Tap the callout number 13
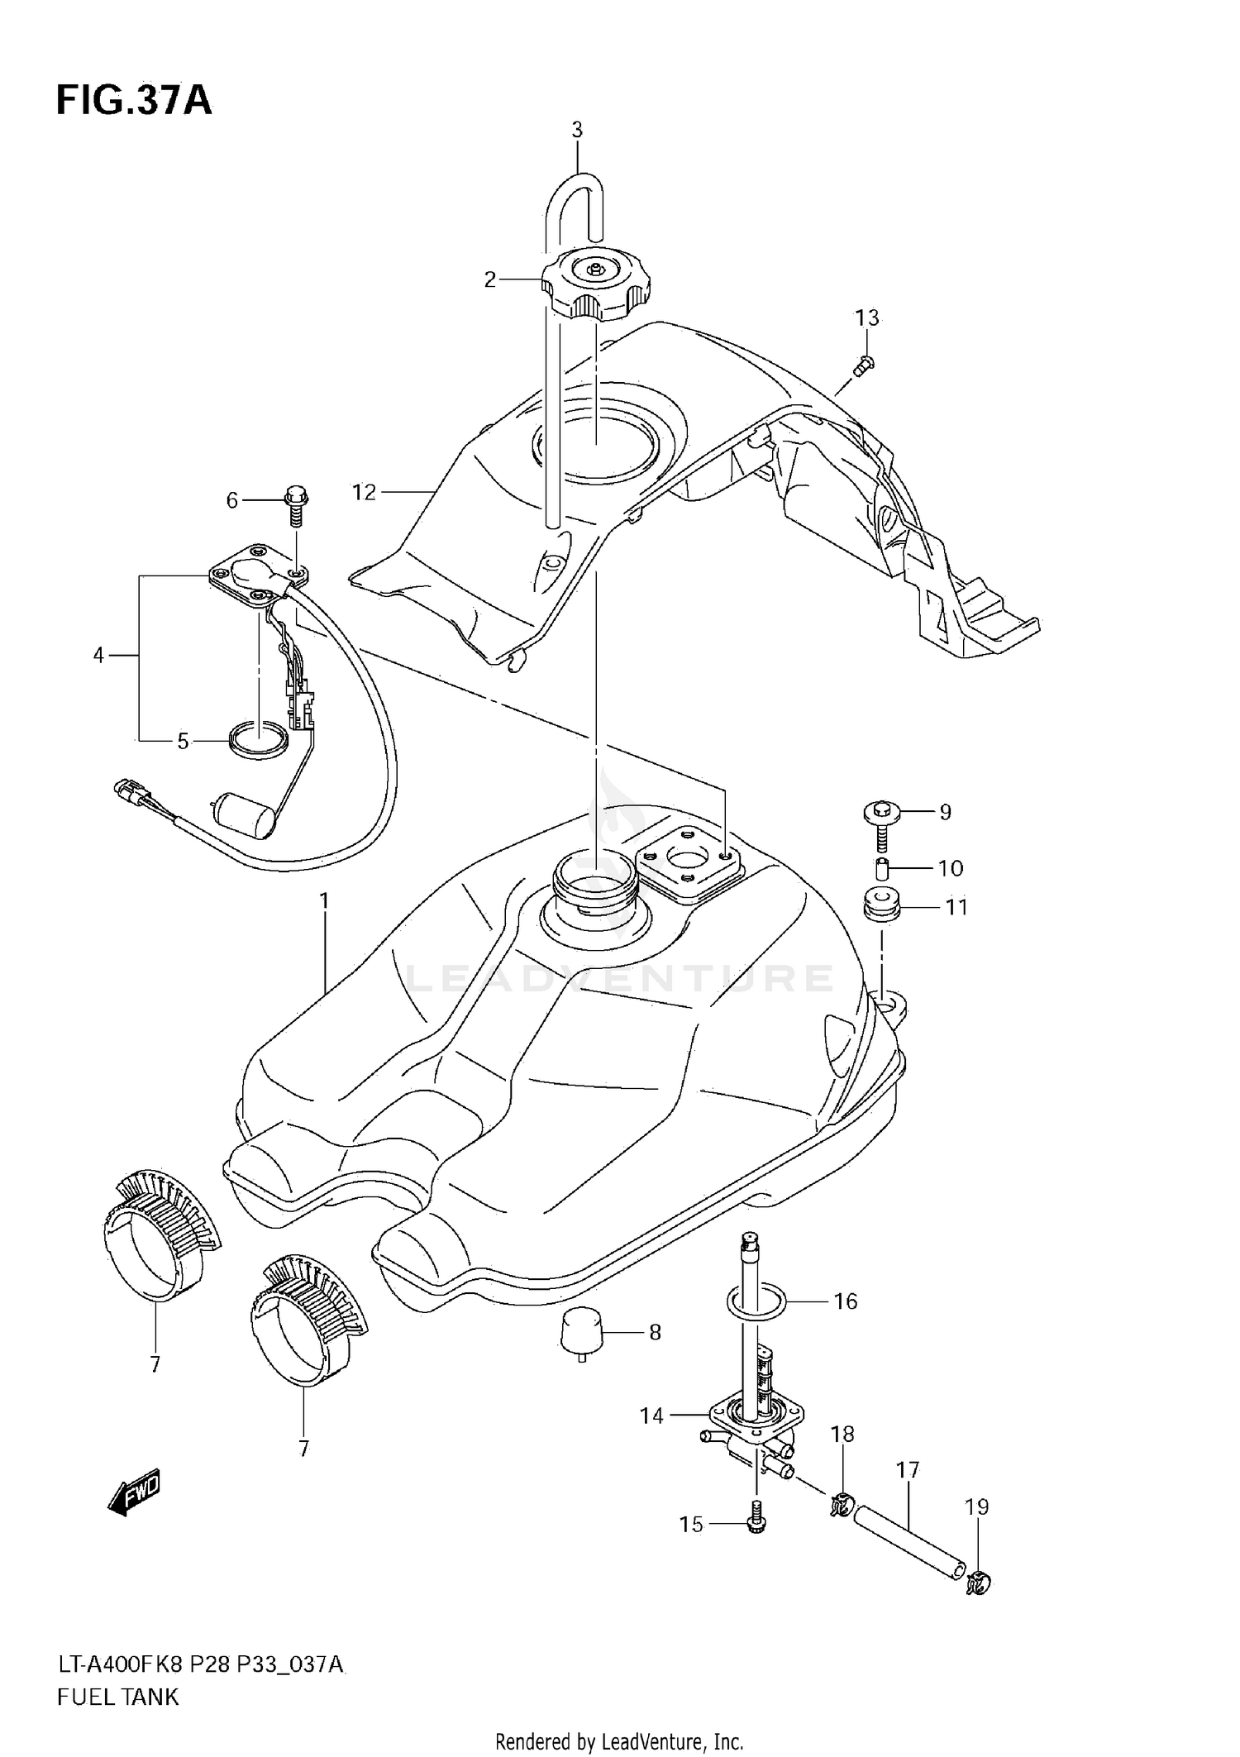tap(866, 318)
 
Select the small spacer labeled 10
tap(881, 870)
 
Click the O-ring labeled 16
tap(755, 1301)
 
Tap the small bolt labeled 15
tap(756, 1524)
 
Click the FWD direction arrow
tap(134, 1491)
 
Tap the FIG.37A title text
tap(134, 101)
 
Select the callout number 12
tap(364, 493)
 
